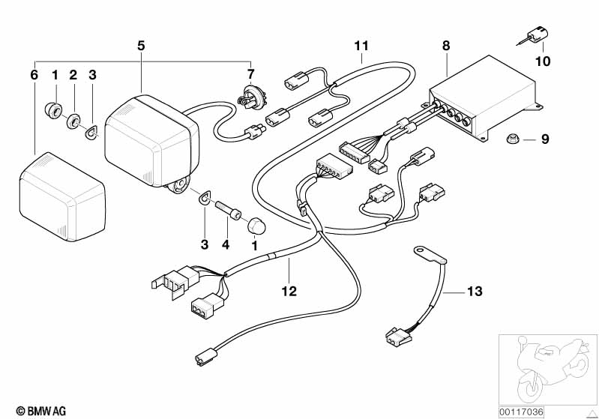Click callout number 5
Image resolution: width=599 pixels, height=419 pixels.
[141, 45]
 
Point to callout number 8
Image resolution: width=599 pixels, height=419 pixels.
[446, 45]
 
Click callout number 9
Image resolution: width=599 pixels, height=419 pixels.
[545, 139]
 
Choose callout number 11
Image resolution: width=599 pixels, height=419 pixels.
[362, 45]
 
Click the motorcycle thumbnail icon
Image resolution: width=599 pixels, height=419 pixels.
[547, 368]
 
